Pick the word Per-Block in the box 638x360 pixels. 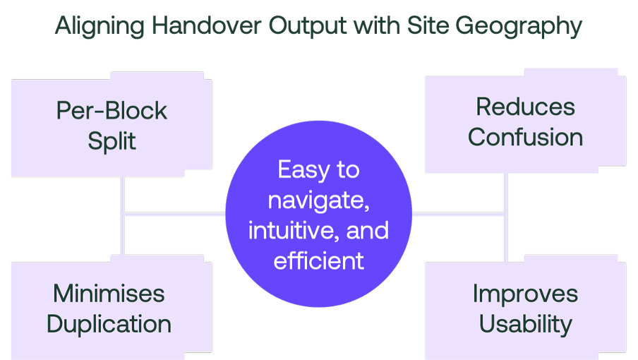[112, 111]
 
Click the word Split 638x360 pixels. [112, 141]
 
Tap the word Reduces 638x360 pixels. [525, 107]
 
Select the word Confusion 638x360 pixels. [525, 137]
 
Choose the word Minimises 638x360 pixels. [109, 294]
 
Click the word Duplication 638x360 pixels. [109, 324]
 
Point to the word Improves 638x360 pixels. [525, 294]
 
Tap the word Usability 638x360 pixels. [525, 324]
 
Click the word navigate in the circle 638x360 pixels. [318, 200]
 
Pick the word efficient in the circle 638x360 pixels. [318, 260]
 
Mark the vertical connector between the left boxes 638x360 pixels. [123, 215]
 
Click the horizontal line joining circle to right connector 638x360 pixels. [459, 212]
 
